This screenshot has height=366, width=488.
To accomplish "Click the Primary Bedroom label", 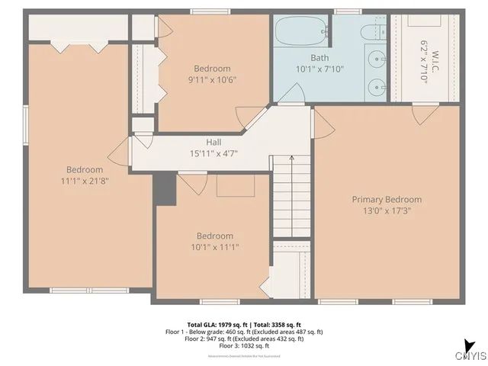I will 387,199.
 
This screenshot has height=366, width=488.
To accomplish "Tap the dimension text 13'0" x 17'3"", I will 387,211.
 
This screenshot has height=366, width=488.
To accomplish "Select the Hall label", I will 213,142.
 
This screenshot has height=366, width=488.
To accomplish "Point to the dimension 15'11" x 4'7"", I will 213,153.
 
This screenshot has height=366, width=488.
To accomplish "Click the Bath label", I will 319,57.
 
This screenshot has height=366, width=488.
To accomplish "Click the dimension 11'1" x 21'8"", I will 84,181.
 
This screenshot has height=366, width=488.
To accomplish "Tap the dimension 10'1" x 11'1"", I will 215,248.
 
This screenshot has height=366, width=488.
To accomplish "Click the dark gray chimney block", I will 164,188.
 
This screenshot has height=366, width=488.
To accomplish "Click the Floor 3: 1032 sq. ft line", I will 244,347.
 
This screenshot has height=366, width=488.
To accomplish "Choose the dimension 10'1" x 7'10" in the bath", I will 319,69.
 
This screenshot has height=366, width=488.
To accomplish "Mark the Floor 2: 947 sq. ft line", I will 244,339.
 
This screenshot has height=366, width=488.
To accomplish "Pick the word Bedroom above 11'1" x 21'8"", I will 84,169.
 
